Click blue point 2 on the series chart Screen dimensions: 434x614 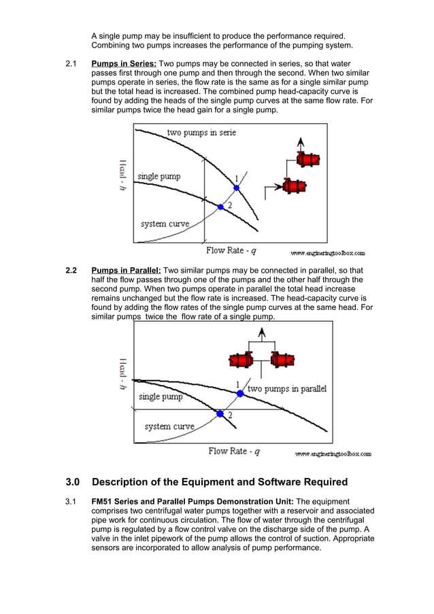coord(220,206)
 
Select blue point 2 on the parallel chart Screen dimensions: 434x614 coord(220,413)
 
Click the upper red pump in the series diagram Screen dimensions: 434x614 coord(309,160)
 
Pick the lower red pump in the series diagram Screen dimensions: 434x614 coord(295,185)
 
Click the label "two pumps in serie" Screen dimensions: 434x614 coord(201,133)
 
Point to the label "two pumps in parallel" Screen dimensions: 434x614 coord(286,389)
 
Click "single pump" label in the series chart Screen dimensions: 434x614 coord(159,177)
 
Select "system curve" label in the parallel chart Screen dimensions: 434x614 coord(169,426)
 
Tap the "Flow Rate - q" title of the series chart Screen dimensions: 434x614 coord(232,250)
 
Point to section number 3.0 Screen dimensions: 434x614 coord(72,482)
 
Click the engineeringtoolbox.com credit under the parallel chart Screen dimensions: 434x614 coord(333,454)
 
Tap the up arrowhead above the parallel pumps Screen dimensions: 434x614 coord(261,332)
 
